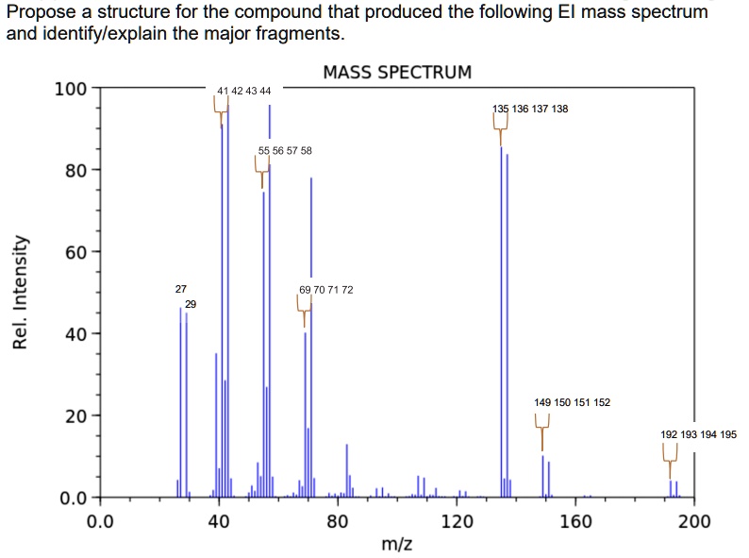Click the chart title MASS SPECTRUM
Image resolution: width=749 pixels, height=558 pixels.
pos(396,72)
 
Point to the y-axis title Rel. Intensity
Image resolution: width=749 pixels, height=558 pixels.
pos(20,292)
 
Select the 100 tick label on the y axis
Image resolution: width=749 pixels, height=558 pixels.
pos(71,91)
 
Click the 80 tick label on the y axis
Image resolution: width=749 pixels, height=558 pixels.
pos(75,172)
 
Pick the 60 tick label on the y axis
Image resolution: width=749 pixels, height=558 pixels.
pos(75,253)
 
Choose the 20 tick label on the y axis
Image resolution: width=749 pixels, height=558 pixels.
pos(75,416)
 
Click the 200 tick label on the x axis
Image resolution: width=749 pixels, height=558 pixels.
pos(694,521)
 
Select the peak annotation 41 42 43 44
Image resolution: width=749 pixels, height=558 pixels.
pos(243,91)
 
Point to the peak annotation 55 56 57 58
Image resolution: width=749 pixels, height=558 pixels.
pos(285,151)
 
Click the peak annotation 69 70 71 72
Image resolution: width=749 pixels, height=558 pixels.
pos(325,290)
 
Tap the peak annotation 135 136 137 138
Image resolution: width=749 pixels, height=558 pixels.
pos(530,110)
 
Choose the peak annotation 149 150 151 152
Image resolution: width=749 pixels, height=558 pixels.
pos(572,402)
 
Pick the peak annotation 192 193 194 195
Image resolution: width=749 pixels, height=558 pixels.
pos(698,434)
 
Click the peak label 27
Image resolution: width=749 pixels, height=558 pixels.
pos(181,289)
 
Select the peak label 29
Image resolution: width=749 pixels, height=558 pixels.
pos(191,304)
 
